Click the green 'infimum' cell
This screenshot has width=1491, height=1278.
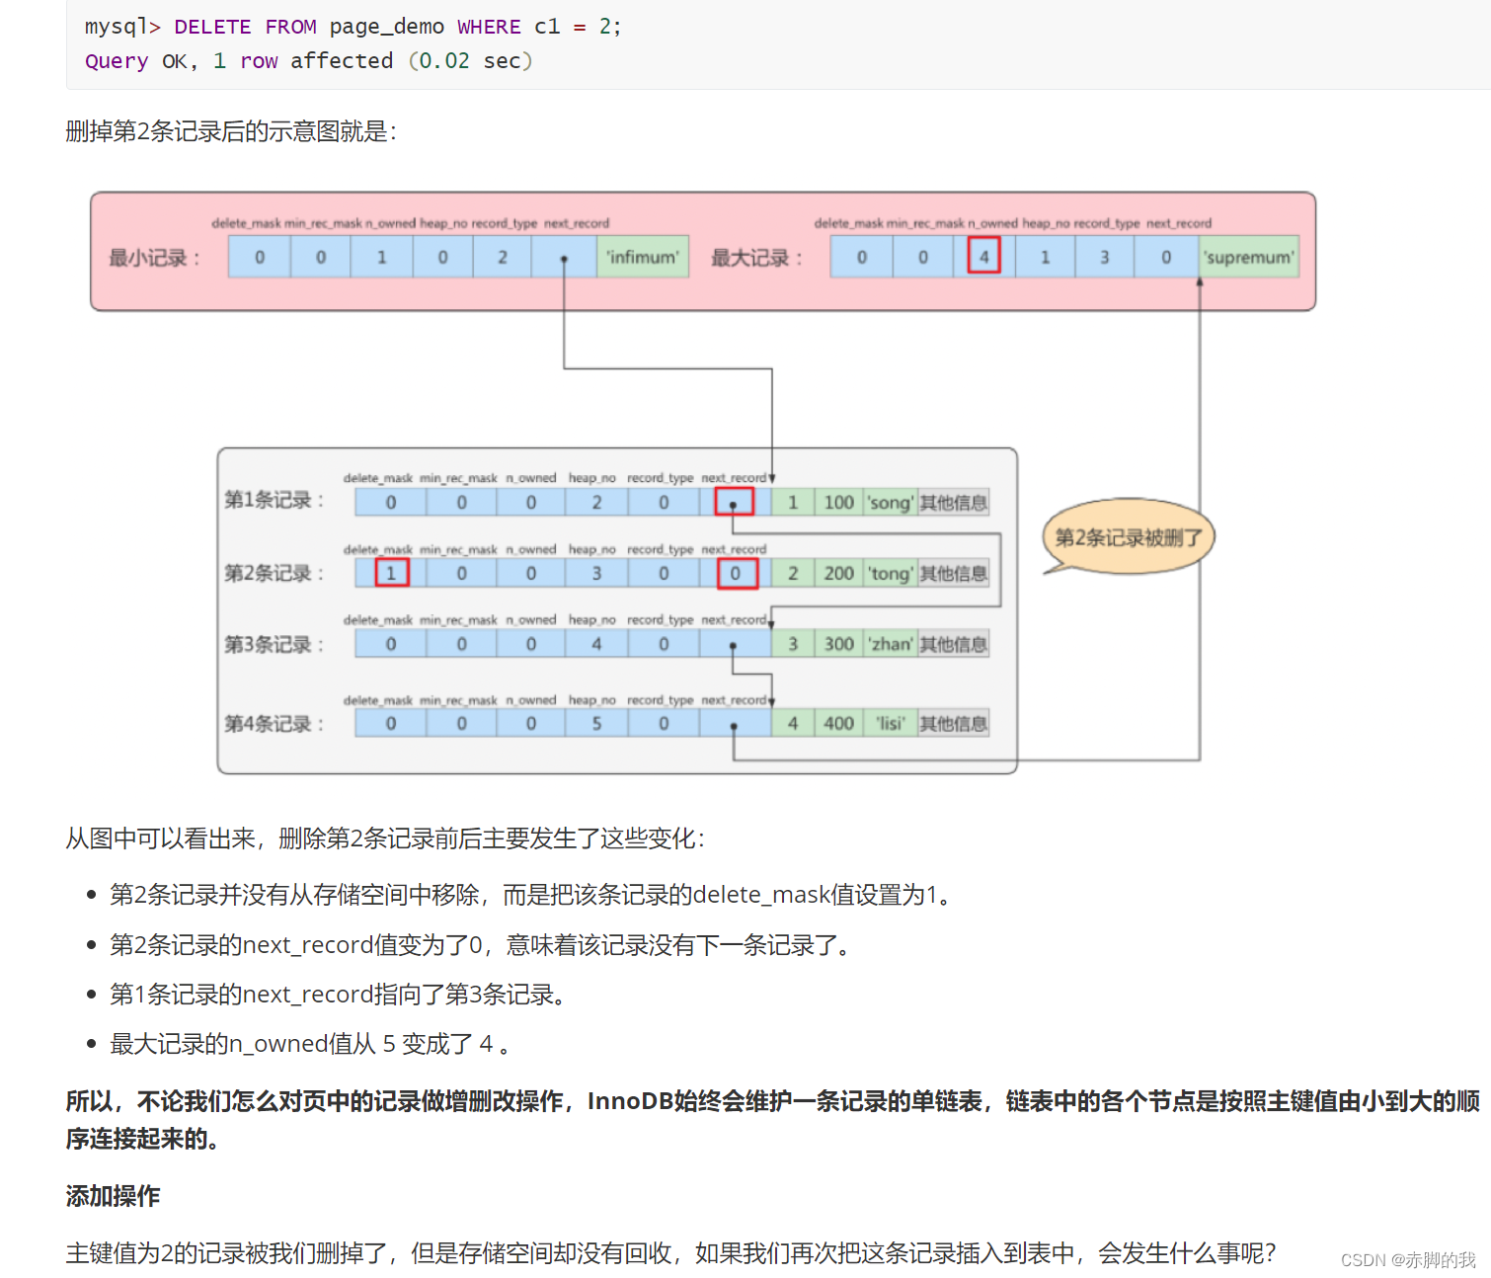(643, 257)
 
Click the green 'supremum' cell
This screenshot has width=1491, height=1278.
(1249, 257)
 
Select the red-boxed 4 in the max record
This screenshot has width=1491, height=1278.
(983, 257)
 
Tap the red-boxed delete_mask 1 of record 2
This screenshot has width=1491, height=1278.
(391, 573)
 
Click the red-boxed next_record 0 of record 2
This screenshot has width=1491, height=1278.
(736, 573)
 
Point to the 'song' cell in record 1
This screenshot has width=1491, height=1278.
(890, 503)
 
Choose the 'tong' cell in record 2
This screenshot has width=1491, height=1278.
(890, 574)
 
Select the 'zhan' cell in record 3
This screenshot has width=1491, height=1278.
(890, 644)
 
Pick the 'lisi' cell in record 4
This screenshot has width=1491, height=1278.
(891, 724)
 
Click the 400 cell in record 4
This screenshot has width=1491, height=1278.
(839, 724)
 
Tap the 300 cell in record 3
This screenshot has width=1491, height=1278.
(839, 644)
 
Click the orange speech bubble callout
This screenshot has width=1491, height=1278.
(1129, 537)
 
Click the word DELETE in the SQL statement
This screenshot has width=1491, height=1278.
(212, 27)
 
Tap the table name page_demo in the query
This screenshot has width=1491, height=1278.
(386, 27)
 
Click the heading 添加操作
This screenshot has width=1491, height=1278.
(113, 1196)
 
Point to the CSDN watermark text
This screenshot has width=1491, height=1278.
(1407, 1259)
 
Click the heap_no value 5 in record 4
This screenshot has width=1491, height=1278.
(596, 724)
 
